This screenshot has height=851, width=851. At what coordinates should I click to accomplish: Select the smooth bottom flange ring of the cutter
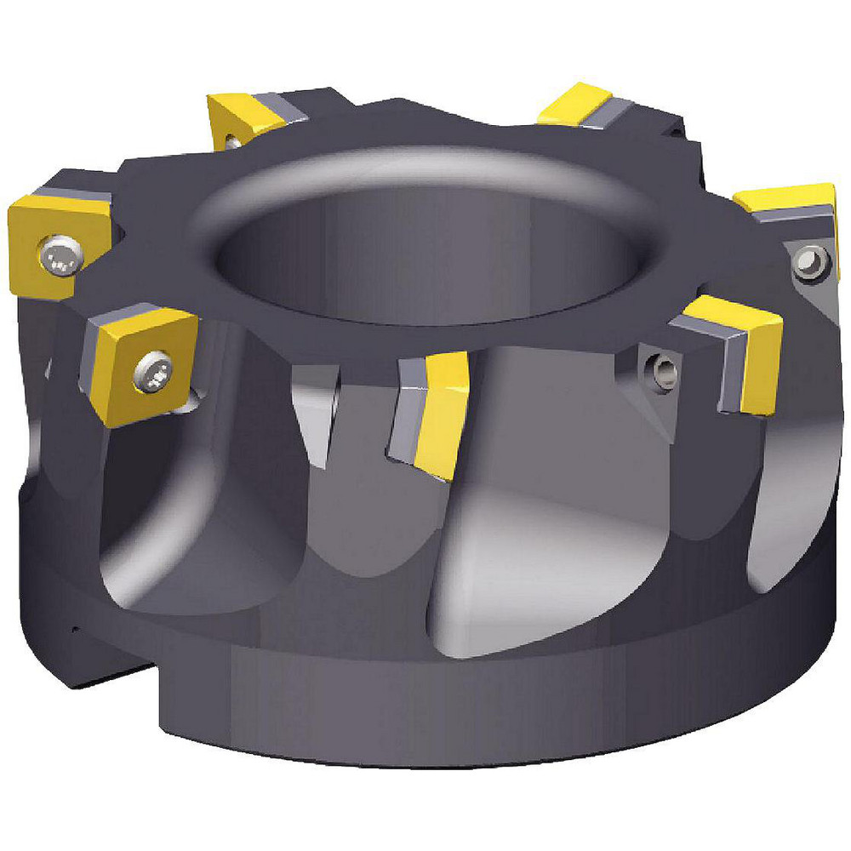477,698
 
